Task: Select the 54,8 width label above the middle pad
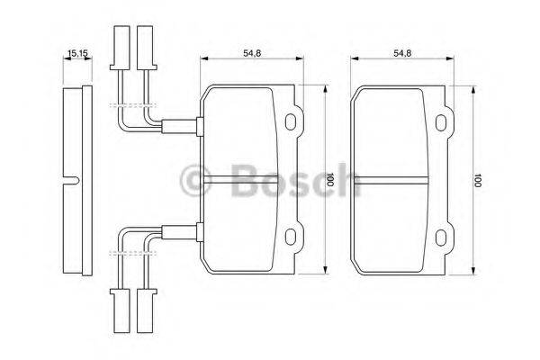tap(252, 53)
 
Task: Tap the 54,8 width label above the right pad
tap(401, 53)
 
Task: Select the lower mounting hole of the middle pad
tap(292, 237)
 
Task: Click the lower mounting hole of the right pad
tap(442, 237)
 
